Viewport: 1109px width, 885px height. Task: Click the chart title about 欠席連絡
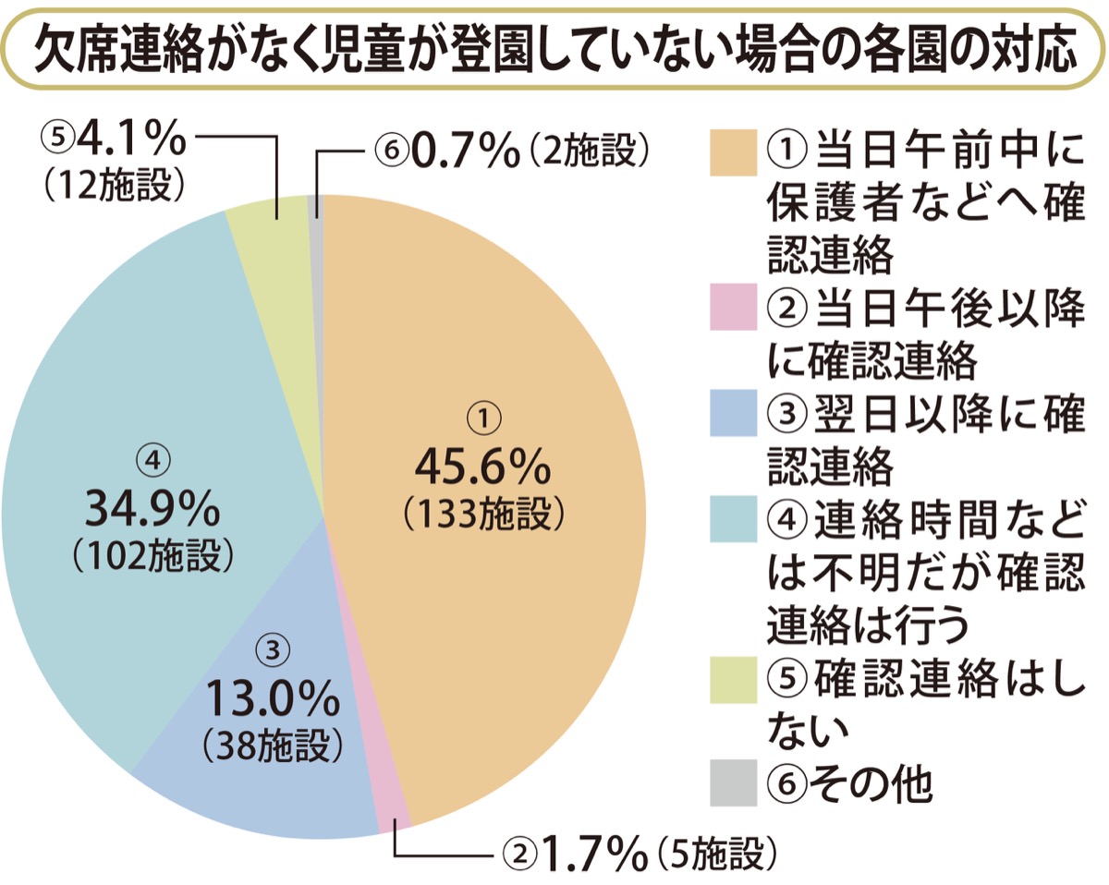[554, 49]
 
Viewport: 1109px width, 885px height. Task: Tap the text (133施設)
[482, 514]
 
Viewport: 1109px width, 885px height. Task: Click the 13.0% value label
[272, 699]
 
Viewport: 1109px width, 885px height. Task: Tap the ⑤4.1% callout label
[115, 140]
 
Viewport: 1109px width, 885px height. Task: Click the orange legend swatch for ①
[735, 150]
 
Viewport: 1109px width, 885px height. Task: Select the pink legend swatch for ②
[735, 309]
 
